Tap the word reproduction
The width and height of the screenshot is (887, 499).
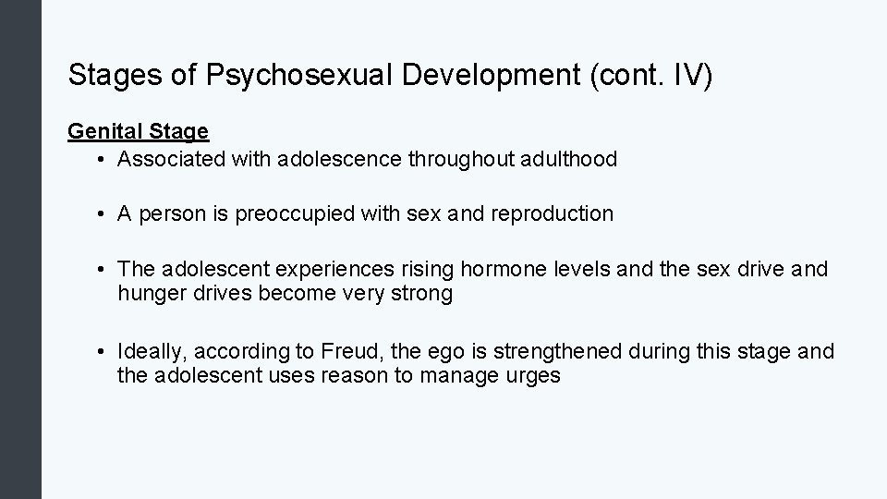[553, 213]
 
